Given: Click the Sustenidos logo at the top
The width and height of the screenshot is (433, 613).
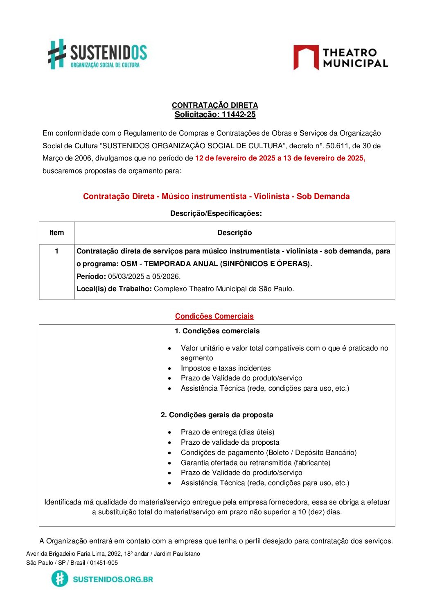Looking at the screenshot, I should click(x=97, y=54).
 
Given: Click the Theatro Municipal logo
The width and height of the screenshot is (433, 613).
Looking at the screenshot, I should click(x=340, y=58).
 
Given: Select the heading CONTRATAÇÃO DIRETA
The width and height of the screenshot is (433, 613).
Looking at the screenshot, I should click(x=215, y=105).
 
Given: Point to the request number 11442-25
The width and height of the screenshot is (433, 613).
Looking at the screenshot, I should click(x=239, y=115).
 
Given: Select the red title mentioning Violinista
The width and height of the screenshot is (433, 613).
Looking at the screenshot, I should click(x=216, y=196).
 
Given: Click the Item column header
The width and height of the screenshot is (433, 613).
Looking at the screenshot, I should click(x=56, y=233).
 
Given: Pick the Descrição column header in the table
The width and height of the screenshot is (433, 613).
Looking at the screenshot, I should click(x=235, y=233).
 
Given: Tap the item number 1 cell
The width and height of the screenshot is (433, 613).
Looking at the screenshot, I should click(x=56, y=251).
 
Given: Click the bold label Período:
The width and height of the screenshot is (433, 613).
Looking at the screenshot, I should click(x=91, y=276).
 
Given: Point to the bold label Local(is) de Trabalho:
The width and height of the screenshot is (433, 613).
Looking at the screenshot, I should click(x=114, y=289).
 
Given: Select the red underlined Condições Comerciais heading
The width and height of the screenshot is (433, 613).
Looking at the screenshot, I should click(x=214, y=316).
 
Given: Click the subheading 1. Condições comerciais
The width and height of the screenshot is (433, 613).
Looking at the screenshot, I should click(x=217, y=331).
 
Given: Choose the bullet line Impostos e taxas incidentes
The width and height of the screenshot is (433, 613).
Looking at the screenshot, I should click(x=226, y=368).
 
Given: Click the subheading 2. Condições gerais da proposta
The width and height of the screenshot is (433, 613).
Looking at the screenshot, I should click(x=217, y=415).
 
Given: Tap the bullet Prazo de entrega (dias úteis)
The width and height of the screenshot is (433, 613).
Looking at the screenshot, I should click(x=228, y=432).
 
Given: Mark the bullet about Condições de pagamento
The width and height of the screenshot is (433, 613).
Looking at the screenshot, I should click(x=268, y=452).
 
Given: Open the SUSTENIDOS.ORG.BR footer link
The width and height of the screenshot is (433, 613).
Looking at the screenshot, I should click(x=113, y=579).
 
